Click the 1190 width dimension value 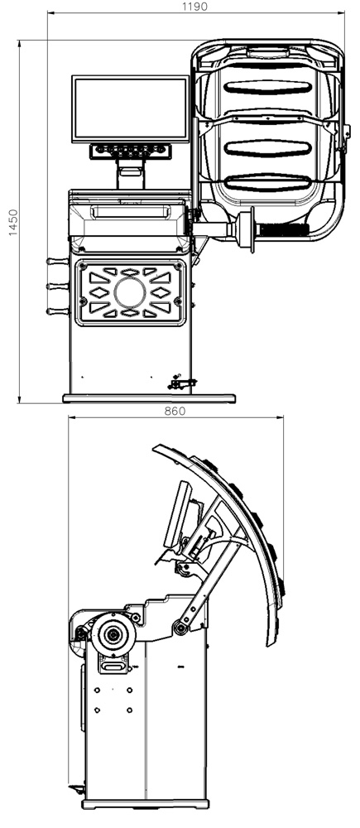coord(194,7)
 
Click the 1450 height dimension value coord(13,222)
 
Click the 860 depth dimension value coord(175,411)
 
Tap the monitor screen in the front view coord(131,108)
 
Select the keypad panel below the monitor coord(131,151)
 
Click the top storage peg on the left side coord(58,261)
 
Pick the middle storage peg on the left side coord(58,286)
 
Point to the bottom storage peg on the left coord(58,311)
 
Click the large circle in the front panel coord(130,292)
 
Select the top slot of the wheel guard coord(267,88)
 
